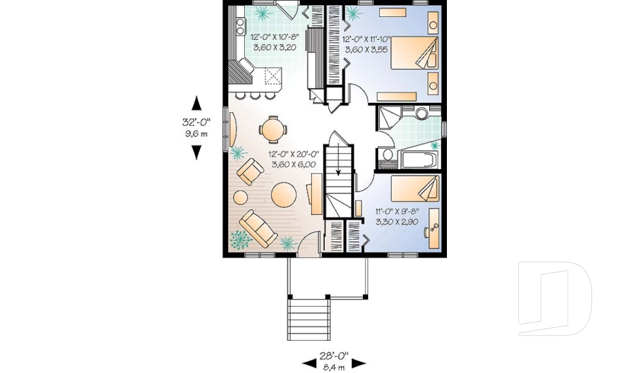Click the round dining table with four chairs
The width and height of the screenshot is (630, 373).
[272, 129]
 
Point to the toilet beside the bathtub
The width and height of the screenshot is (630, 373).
[387, 155]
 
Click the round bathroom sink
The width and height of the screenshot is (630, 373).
[421, 113]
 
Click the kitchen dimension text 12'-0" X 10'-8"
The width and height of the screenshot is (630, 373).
[274, 38]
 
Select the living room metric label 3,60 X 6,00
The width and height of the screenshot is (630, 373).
[291, 164]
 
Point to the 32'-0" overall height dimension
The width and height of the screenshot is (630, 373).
[195, 122]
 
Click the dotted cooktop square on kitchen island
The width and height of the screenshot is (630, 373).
[271, 77]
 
